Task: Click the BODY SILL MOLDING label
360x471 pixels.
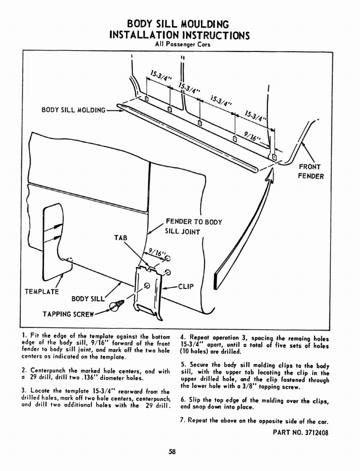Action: coord(74,110)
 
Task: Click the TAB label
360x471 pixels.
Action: coord(120,237)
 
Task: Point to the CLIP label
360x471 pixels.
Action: coord(184,287)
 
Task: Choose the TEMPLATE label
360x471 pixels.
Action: coord(41,291)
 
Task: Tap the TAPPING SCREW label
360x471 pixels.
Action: coord(68,315)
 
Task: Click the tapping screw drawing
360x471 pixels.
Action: coord(114,304)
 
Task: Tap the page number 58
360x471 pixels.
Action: coord(172,451)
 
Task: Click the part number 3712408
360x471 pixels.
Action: coord(301,432)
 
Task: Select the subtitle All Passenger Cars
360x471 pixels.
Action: coord(180,45)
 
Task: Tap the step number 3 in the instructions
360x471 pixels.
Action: coord(23,390)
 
